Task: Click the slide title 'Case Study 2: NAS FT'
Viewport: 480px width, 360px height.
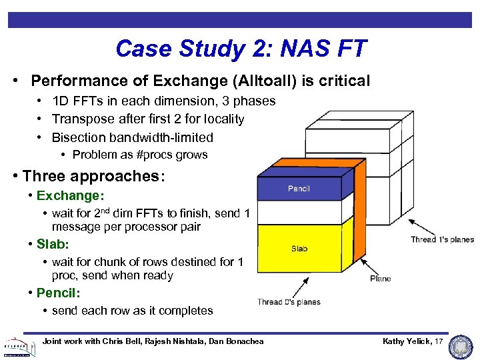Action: pos(241,48)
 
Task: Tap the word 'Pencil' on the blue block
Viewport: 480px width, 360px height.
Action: pos(299,189)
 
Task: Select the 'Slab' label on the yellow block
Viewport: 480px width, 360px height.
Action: pos(299,249)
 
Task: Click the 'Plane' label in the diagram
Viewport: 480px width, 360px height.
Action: pos(380,278)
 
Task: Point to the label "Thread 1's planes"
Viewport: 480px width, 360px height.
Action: pos(442,239)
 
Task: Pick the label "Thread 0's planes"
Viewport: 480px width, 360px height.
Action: pos(289,301)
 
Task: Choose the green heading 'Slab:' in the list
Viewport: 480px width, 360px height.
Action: pos(53,244)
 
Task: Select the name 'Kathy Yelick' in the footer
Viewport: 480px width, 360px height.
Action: pos(406,341)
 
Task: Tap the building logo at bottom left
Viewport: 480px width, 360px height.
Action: pos(18,347)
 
